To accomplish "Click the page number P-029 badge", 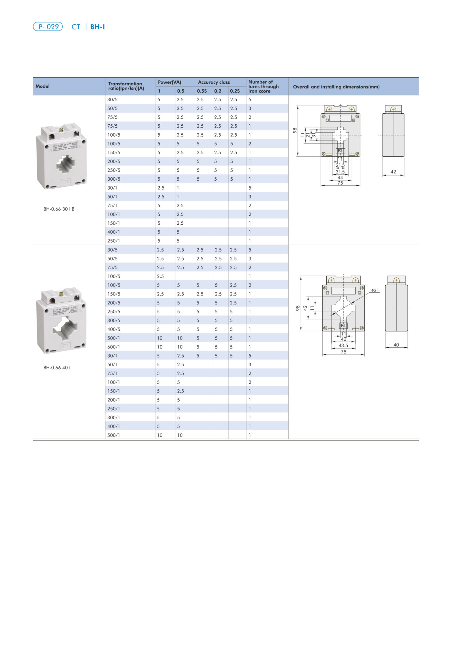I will [x=48, y=27].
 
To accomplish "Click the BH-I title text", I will [x=97, y=27].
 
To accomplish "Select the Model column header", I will [x=42, y=86].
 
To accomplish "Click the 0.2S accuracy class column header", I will [x=235, y=91].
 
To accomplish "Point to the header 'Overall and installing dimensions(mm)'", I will [x=336, y=87].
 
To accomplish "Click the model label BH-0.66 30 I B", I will [x=59, y=209].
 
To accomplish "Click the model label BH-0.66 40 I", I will [x=57, y=367].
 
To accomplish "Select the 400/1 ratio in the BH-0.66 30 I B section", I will [x=114, y=232].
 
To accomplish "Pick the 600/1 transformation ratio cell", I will [x=114, y=347].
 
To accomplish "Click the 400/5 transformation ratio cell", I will [x=114, y=329].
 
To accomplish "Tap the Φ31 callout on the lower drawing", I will [x=375, y=290].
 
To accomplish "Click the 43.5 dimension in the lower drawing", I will [x=343, y=345].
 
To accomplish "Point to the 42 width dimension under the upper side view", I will [x=393, y=172].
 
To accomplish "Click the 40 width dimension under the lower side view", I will [x=396, y=345].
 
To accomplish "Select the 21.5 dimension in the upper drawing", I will [x=340, y=166].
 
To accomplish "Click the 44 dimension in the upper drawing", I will [x=340, y=178].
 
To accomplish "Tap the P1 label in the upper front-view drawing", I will [x=340, y=151].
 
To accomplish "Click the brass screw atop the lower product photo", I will [x=61, y=294].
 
